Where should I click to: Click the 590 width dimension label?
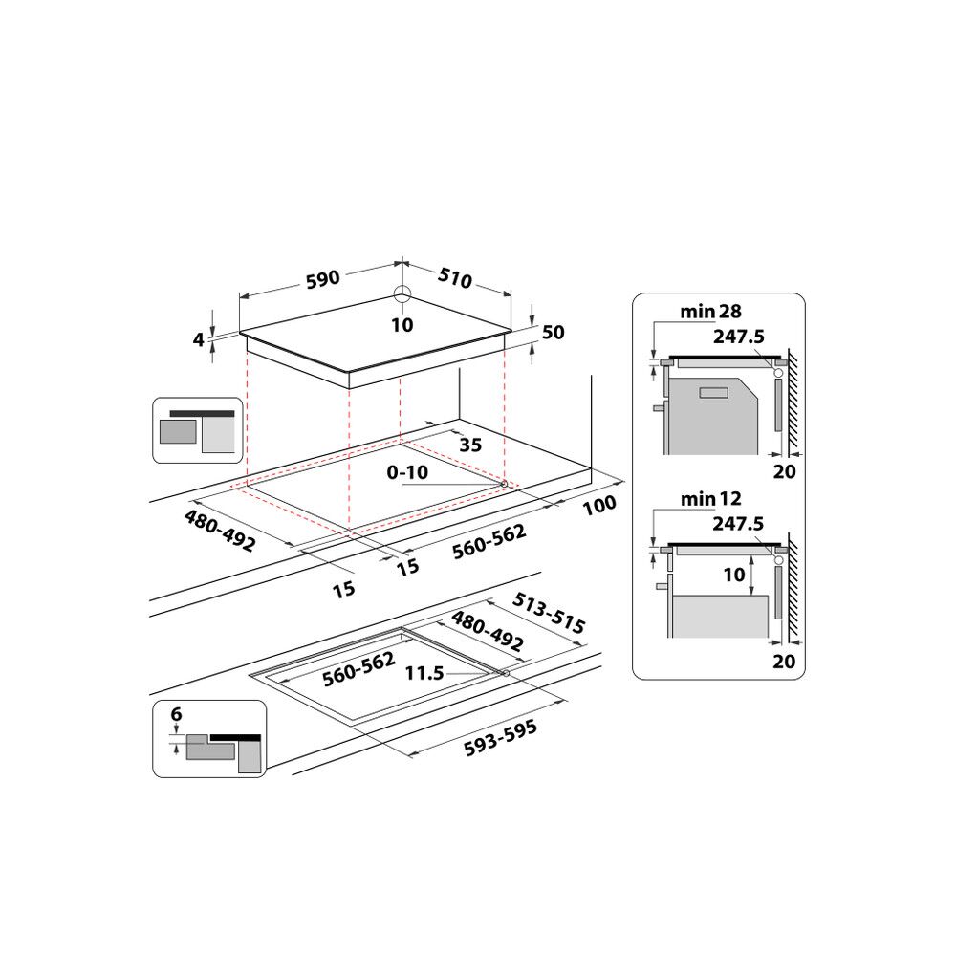coord(323,279)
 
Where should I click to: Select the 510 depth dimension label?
coord(455,279)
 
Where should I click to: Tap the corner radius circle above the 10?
coord(402,295)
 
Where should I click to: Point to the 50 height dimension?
coord(554,333)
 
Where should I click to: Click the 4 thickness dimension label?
coord(199,338)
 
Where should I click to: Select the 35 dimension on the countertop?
coord(469,444)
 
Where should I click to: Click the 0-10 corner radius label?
coord(408,472)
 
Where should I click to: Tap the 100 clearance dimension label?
coord(599,505)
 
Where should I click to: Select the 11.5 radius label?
coord(424,673)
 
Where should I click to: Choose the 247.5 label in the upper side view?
coord(739,336)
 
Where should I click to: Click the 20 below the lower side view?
coord(784,661)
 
